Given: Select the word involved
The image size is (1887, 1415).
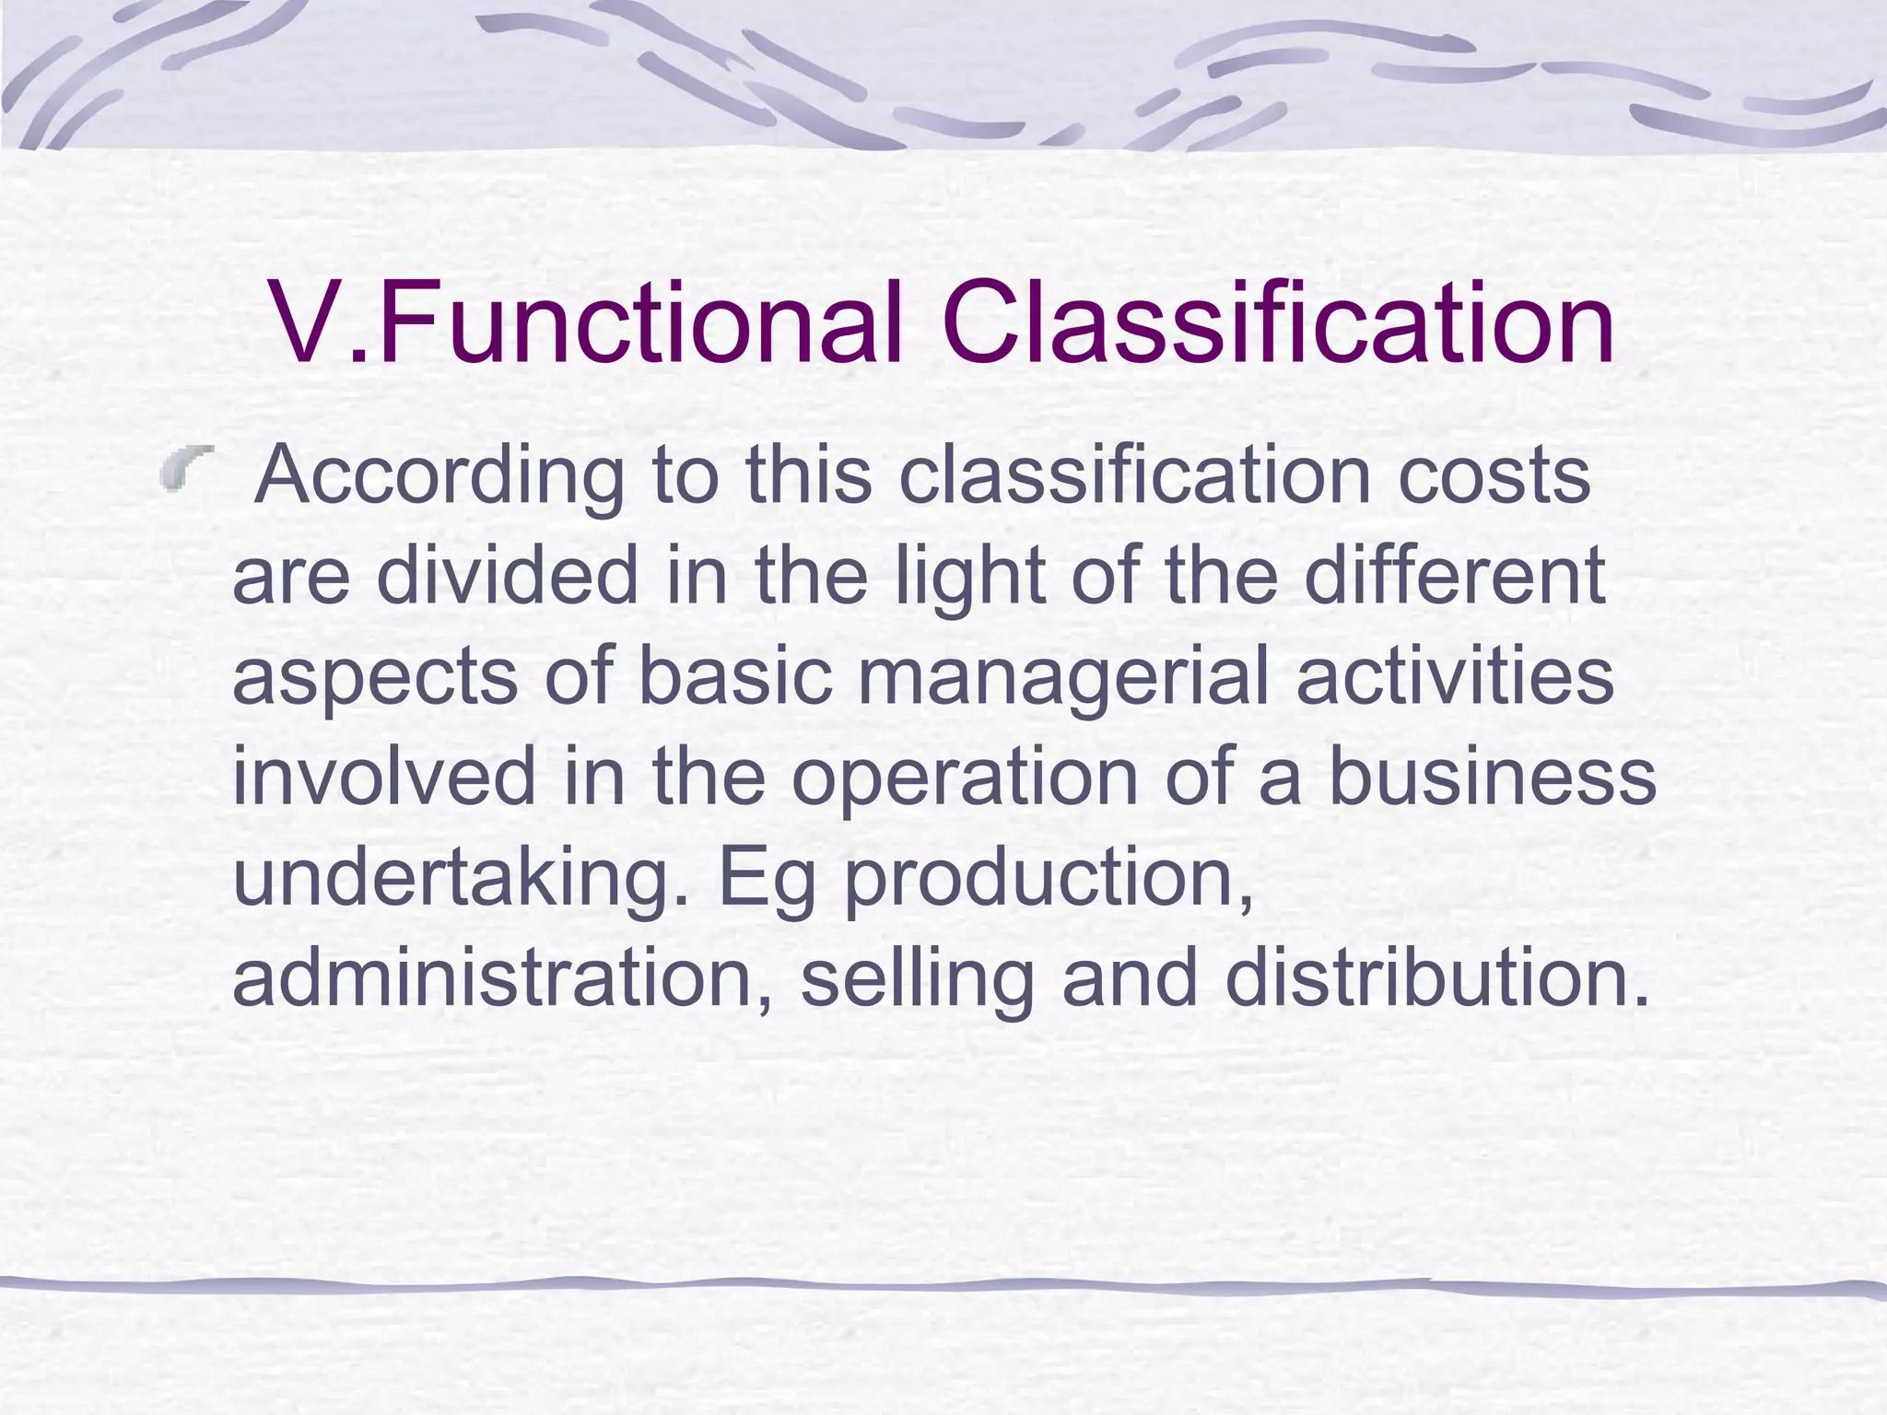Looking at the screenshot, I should (x=384, y=777).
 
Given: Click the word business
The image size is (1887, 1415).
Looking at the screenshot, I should (x=1493, y=777).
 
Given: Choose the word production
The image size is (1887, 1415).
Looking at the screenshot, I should (x=1049, y=878).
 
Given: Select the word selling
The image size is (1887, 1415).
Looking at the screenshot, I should (x=918, y=979).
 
